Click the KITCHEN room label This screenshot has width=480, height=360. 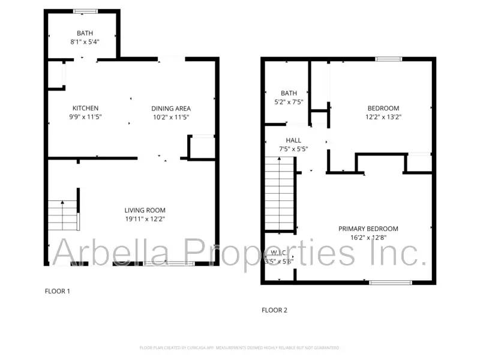coord(86,108)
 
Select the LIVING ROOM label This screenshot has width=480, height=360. coord(145,210)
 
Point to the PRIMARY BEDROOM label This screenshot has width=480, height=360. coord(368,229)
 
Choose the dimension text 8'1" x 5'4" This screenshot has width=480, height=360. coord(85,42)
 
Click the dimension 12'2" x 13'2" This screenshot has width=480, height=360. coord(383,117)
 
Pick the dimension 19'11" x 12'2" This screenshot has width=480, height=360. coord(145,219)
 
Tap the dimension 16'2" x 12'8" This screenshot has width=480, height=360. coord(368,238)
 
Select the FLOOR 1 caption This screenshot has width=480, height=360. coord(58,291)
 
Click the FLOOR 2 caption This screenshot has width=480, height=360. coord(274,310)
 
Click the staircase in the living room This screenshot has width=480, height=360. coord(63,215)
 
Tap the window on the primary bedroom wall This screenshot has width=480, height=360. coord(390,281)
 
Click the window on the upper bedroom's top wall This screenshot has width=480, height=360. coord(388,58)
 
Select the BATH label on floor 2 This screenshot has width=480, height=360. coord(289,93)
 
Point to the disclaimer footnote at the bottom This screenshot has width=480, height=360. coord(239,347)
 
